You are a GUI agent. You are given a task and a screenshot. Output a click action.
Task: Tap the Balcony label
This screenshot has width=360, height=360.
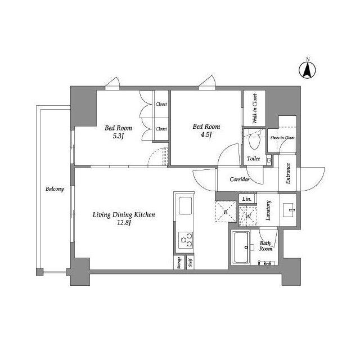[x=55, y=189]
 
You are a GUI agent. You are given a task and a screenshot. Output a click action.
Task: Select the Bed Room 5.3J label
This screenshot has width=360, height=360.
[x=118, y=131]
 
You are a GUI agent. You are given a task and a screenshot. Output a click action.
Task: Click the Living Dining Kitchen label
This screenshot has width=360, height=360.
[x=124, y=218]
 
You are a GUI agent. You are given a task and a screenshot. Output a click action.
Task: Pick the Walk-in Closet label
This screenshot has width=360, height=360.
[x=254, y=109]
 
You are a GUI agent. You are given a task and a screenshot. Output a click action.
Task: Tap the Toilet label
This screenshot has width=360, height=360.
[x=253, y=159]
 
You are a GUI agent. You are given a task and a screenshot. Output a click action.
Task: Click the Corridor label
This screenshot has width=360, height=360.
[x=240, y=179]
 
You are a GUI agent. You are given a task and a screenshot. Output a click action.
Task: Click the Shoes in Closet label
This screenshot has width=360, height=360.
[x=282, y=138]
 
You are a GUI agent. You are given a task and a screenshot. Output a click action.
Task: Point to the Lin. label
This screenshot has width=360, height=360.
[x=246, y=199]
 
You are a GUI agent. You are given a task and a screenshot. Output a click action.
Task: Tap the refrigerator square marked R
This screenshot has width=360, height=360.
[x=226, y=211]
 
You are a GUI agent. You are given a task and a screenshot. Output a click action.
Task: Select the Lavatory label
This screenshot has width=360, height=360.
[x=268, y=210]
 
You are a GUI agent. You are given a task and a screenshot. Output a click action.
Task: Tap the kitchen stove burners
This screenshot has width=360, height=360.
[x=185, y=240]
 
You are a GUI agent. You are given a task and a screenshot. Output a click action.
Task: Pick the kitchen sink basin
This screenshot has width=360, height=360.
[x=185, y=206]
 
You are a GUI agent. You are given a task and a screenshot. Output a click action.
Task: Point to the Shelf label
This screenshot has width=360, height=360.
[x=190, y=263]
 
